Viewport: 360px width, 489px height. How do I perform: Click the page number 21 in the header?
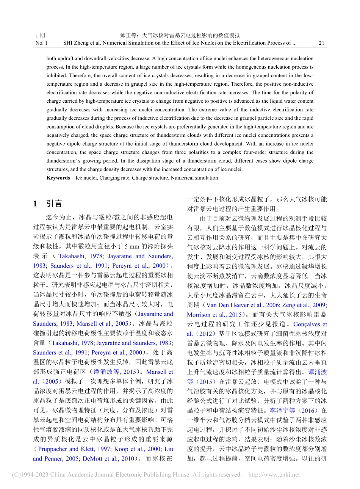(x=321, y=43)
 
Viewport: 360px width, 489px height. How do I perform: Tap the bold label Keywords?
(x=58, y=178)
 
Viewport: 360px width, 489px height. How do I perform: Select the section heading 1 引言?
(x=47, y=204)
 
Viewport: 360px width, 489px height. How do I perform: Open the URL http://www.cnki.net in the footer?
(x=274, y=475)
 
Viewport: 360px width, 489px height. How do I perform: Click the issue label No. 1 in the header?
(x=41, y=43)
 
